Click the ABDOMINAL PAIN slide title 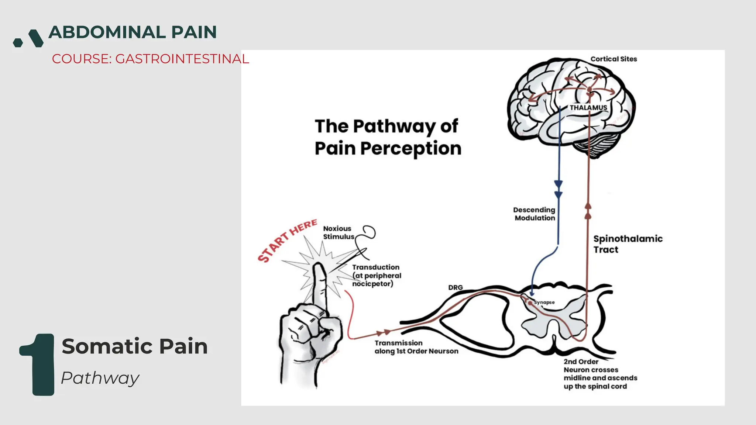click(133, 32)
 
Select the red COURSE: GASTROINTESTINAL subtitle click(150, 59)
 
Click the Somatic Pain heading click(135, 346)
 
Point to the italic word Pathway click(100, 378)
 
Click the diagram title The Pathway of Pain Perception click(388, 137)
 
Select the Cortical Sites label click(614, 59)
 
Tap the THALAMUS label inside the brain click(588, 108)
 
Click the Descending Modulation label click(535, 214)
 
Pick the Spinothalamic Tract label click(628, 244)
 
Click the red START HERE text click(287, 240)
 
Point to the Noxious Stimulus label click(338, 233)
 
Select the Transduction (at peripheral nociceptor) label click(376, 275)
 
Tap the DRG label click(455, 287)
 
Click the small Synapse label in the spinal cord click(544, 303)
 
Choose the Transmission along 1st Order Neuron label click(416, 347)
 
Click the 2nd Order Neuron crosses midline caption click(600, 374)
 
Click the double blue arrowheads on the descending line click(559, 189)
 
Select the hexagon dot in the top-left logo click(18, 43)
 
